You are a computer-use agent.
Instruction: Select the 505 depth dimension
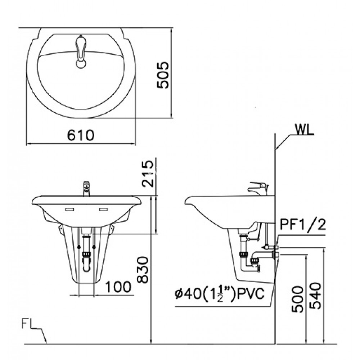pos(163,75)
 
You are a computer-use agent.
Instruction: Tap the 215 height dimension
pos(147,174)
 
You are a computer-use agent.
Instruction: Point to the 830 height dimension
pos(143,270)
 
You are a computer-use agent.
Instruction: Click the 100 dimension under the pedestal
pos(118,287)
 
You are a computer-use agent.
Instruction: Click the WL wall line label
pos(303,129)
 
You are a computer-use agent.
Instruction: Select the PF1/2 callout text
pos(303,225)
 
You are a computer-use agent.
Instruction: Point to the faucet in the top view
pos(81,52)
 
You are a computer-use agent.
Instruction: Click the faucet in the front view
pos(86,189)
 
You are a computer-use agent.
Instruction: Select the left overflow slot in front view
pos(69,209)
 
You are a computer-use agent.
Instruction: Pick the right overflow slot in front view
pos(103,209)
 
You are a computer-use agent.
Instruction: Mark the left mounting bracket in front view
pos(60,230)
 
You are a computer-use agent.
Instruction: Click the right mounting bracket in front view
pos(112,230)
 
